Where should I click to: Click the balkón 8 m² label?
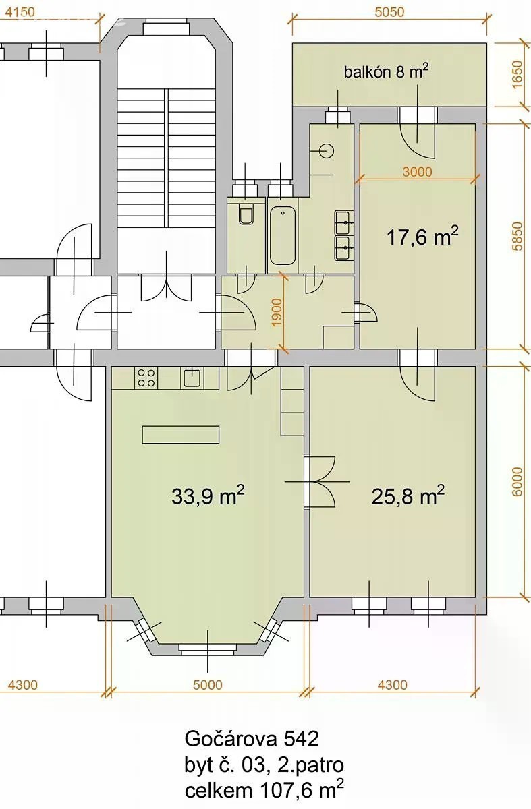(x=386, y=71)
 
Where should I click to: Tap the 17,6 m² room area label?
(x=422, y=236)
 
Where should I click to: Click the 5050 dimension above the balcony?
(x=389, y=13)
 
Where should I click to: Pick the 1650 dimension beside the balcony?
(x=518, y=74)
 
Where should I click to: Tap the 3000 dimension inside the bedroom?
(x=417, y=171)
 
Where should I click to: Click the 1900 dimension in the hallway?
(x=277, y=312)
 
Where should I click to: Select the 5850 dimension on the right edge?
(x=518, y=236)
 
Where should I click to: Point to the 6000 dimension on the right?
(x=518, y=482)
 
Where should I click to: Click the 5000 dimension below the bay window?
(x=208, y=685)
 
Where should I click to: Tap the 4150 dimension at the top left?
(x=21, y=12)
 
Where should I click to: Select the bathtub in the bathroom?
(x=283, y=235)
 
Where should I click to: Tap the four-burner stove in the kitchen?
(x=146, y=378)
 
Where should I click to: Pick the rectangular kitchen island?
(x=181, y=434)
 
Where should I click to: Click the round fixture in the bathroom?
(x=327, y=150)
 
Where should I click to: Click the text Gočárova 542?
(x=252, y=739)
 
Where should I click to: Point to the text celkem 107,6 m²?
(x=264, y=789)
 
